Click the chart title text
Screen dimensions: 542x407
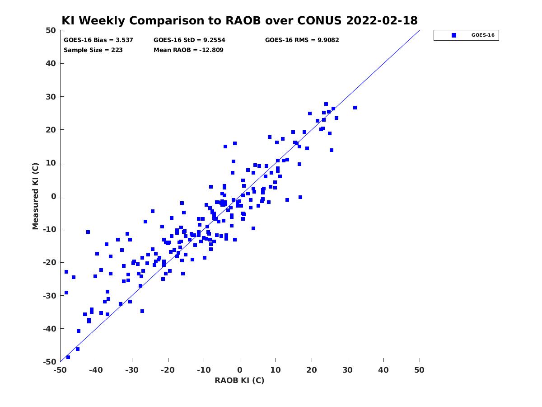[239, 20]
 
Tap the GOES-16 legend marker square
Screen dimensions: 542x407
[453, 35]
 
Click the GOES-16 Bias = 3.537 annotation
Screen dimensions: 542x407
[98, 40]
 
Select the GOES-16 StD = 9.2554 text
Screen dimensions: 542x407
[189, 40]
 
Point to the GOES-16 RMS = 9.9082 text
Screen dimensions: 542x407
[302, 40]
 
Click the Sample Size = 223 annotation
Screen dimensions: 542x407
[93, 50]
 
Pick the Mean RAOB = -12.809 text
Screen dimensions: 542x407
[188, 50]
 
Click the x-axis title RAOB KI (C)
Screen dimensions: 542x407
[239, 380]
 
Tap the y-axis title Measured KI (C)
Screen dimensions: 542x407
[35, 196]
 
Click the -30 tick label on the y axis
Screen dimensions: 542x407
[50, 296]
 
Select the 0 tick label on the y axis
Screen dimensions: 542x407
[54, 196]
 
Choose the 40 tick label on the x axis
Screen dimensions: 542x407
[383, 370]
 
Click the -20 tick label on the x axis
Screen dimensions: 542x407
[168, 370]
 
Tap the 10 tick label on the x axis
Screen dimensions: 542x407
[276, 370]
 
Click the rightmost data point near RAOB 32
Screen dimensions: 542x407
[355, 108]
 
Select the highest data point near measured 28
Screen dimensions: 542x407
[326, 104]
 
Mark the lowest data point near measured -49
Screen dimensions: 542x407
[68, 357]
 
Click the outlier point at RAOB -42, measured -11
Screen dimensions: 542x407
[88, 232]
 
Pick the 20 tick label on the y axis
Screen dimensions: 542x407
[51, 130]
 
